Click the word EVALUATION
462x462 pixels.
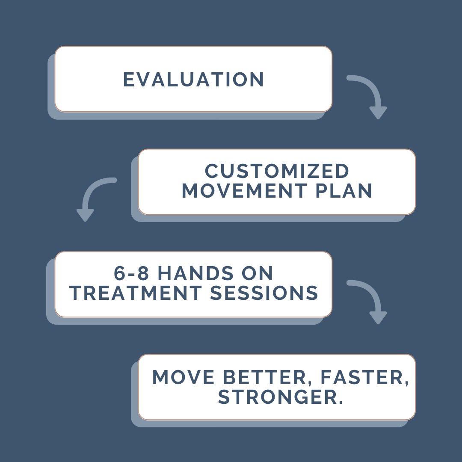pos(193,80)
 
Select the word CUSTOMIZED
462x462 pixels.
pos(277,172)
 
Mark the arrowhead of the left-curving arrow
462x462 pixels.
pos(85,215)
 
